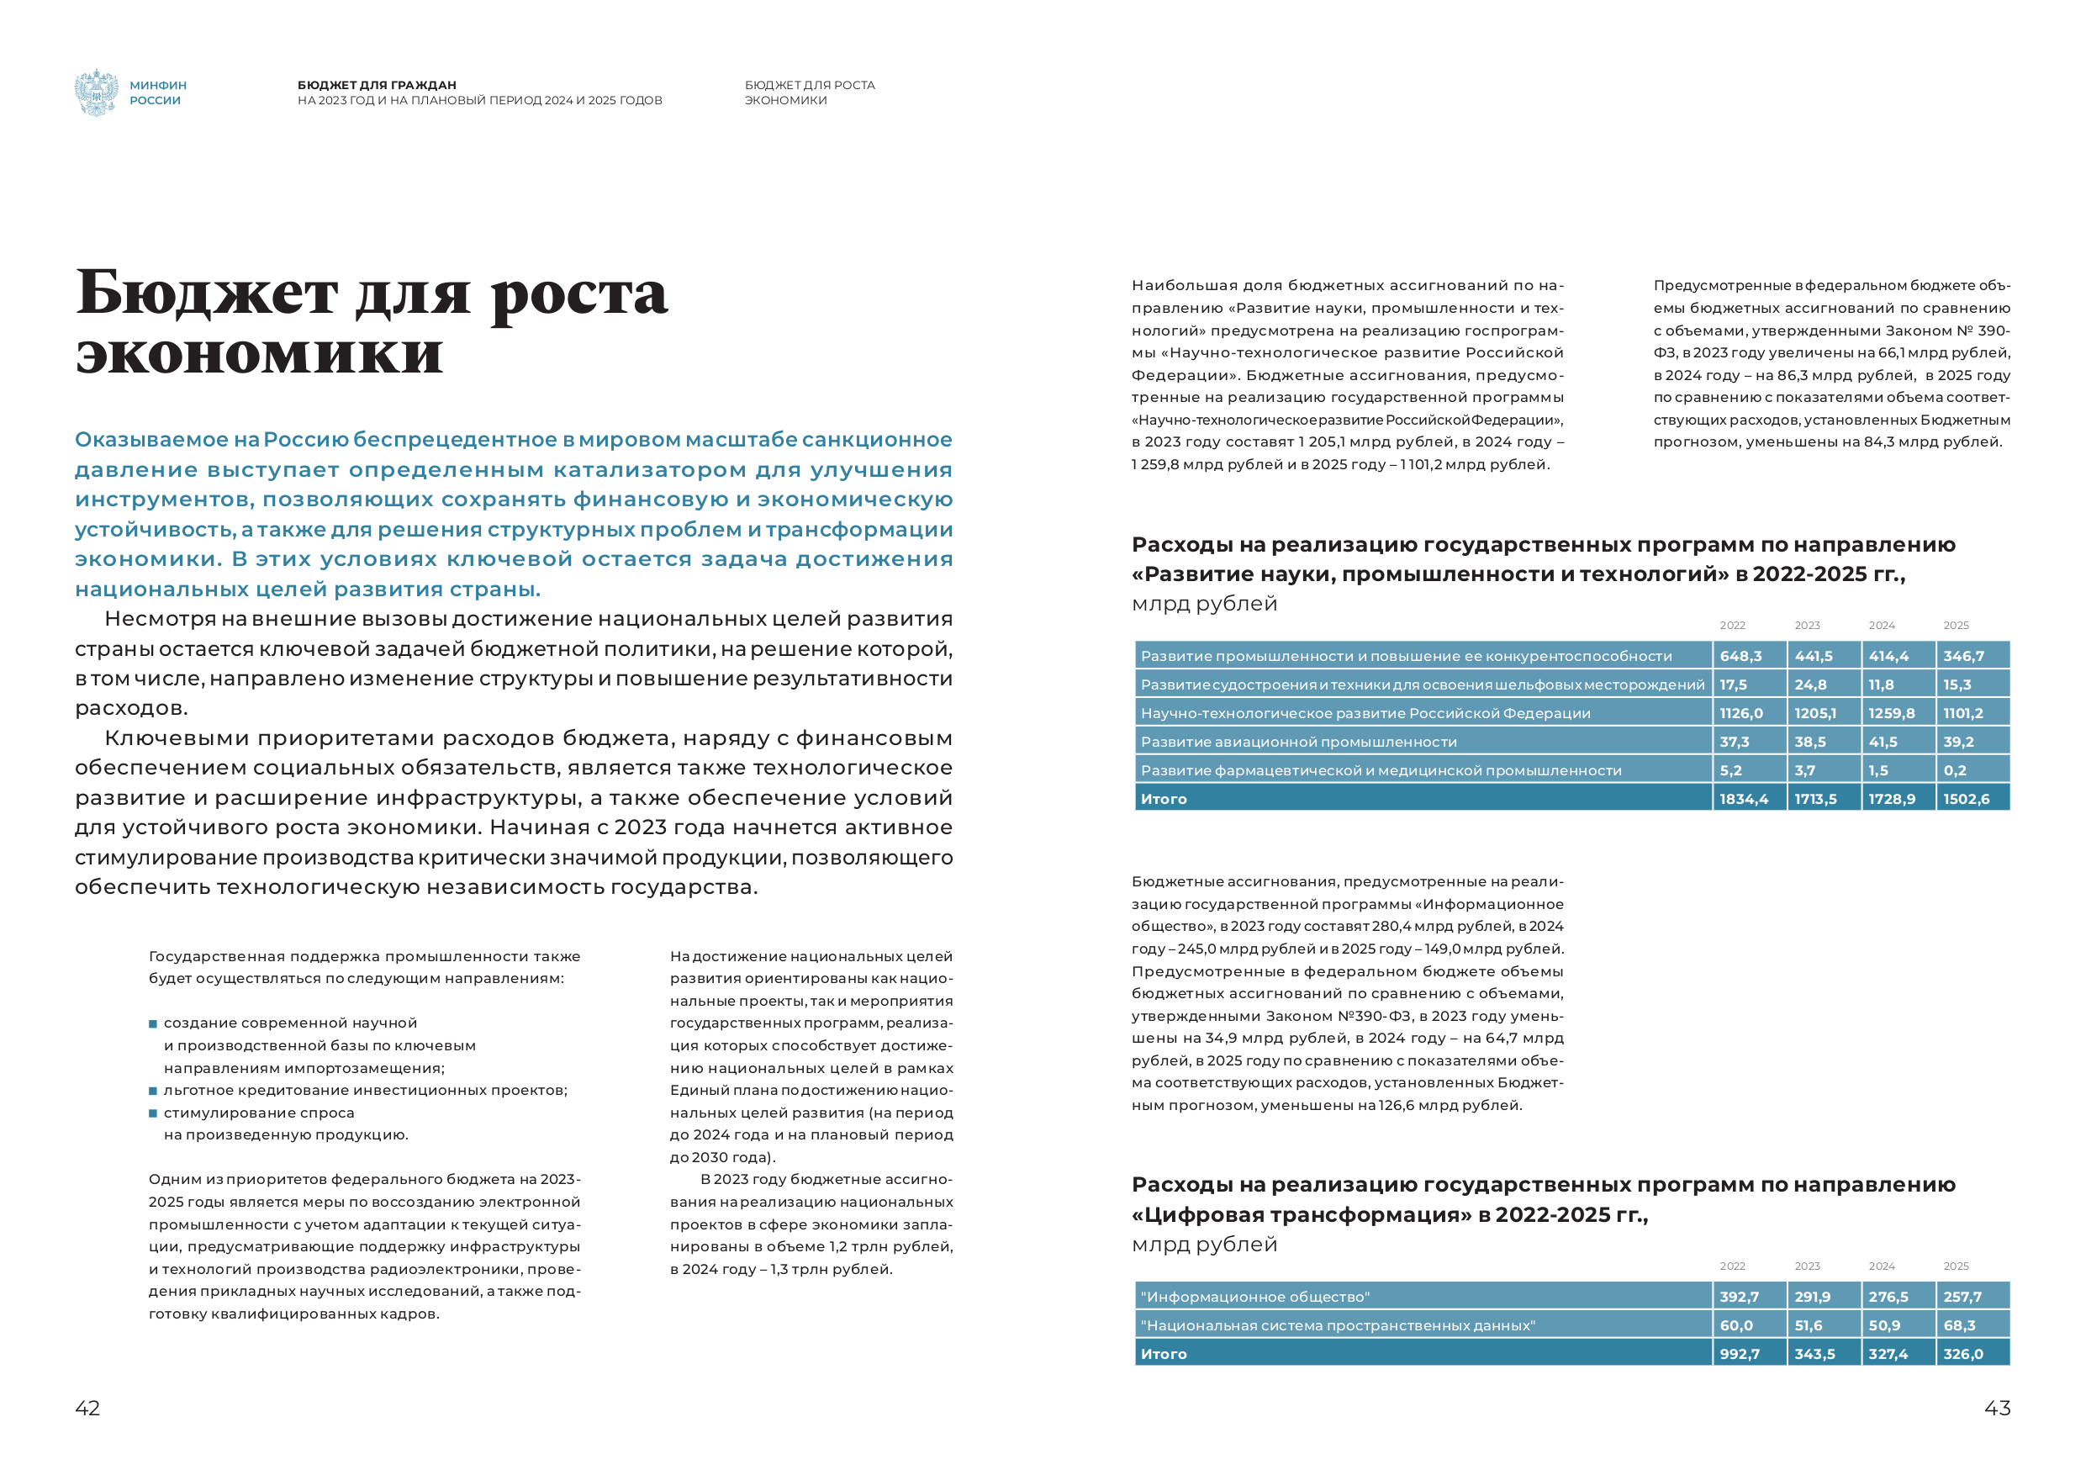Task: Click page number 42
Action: click(x=87, y=1408)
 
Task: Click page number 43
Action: click(x=1997, y=1408)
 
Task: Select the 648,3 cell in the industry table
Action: click(x=1740, y=656)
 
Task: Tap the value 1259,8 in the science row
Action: click(x=1891, y=713)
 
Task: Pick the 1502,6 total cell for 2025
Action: click(x=1966, y=799)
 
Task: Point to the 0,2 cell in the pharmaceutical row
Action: click(x=1954, y=770)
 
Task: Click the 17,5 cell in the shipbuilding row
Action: click(x=1733, y=685)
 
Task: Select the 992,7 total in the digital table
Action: click(x=1739, y=1354)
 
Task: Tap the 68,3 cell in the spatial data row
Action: click(x=1959, y=1325)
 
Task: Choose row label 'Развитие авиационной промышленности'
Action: click(x=1298, y=742)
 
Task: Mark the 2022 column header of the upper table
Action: click(x=1732, y=626)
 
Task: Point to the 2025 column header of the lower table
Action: click(x=1955, y=1266)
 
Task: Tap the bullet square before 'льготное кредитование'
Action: click(x=153, y=1091)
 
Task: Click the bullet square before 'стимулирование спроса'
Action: click(x=153, y=1113)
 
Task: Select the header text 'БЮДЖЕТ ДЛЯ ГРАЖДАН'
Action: click(x=376, y=86)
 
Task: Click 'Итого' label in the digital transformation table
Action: click(x=1163, y=1354)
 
